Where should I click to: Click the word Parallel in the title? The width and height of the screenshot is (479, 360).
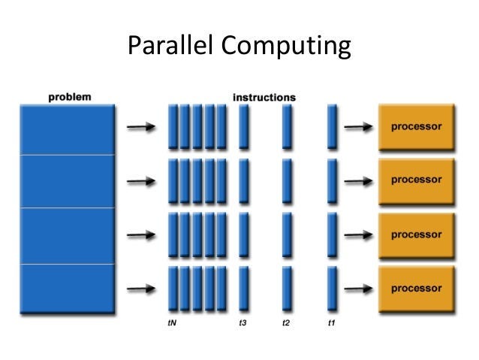(x=170, y=47)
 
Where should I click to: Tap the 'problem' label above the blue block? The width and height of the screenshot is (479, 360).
(x=70, y=96)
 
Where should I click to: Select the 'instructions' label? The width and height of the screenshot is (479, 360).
(x=264, y=97)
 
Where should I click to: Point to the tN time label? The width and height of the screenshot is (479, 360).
(x=172, y=324)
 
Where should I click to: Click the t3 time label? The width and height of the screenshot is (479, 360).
(x=243, y=324)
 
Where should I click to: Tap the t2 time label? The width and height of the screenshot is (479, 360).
(x=286, y=324)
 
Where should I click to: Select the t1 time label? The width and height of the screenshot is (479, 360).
(x=331, y=324)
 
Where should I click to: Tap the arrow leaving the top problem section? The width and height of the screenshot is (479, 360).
(x=141, y=127)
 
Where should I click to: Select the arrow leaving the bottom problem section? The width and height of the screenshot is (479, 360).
(x=141, y=289)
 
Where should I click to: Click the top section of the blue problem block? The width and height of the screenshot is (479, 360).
(x=68, y=129)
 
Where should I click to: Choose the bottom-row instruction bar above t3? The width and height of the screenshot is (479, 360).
(x=243, y=289)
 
